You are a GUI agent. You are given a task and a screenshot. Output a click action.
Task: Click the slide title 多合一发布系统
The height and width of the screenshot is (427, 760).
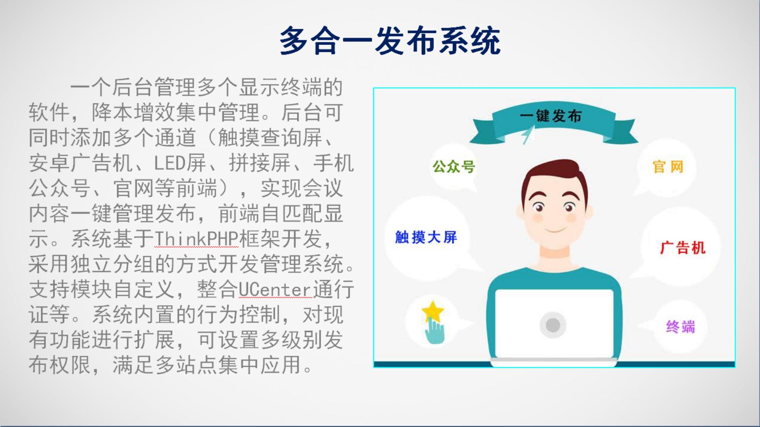coord(390,41)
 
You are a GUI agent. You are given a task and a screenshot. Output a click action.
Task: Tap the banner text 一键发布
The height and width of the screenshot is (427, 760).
coord(551,116)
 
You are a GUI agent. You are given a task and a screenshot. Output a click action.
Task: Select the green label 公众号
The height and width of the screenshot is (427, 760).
coord(454,166)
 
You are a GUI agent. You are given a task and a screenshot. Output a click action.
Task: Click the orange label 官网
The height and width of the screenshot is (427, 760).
coord(668,167)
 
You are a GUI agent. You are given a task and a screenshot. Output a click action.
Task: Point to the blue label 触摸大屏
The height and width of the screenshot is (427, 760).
coord(426,237)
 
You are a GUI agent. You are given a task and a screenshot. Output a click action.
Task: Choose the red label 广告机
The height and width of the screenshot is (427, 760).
coord(683,248)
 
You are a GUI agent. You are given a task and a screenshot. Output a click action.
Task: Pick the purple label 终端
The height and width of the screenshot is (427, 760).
coord(680,327)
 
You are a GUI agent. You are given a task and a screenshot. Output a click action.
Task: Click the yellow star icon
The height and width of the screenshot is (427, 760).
coord(433,312)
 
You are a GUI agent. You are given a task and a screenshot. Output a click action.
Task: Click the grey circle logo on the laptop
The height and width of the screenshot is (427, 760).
coord(553,325)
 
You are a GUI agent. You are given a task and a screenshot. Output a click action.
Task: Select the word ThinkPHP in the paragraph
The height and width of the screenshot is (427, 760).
coord(196,239)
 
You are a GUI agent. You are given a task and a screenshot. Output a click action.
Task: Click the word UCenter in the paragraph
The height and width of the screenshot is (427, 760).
coord(276,289)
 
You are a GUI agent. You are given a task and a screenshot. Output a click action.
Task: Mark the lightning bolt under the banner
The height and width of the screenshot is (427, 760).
coord(527,136)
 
